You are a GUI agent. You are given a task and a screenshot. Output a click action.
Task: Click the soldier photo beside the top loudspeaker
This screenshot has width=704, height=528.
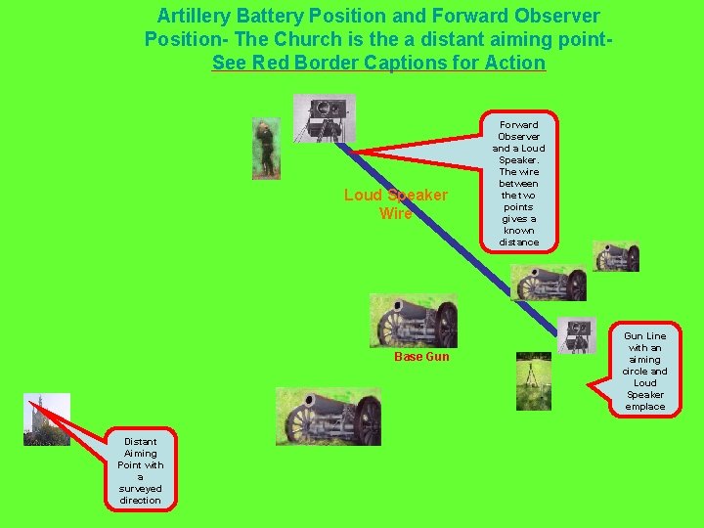(x=265, y=148)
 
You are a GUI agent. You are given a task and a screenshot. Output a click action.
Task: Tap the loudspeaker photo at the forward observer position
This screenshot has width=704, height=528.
(x=324, y=118)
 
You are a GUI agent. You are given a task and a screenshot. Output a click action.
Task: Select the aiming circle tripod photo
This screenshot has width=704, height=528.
(x=533, y=380)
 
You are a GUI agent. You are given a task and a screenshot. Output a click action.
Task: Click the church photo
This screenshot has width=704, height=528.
(x=47, y=418)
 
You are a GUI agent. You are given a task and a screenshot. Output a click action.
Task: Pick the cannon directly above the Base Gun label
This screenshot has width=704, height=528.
(x=414, y=321)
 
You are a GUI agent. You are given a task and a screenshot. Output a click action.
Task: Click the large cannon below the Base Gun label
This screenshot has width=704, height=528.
(x=329, y=417)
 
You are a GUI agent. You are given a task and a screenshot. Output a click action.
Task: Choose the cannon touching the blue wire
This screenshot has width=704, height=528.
(x=550, y=283)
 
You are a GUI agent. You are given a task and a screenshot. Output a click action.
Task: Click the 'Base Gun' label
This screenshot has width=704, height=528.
(x=421, y=357)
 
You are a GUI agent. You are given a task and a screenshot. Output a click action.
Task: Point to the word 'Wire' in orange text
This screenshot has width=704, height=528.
(x=395, y=214)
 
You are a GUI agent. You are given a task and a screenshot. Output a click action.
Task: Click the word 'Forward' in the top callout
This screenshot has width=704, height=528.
(x=518, y=124)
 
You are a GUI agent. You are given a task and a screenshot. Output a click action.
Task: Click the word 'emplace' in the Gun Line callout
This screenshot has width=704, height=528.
(x=644, y=407)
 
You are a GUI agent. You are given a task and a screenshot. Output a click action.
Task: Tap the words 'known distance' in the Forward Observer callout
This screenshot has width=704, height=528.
(x=518, y=236)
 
